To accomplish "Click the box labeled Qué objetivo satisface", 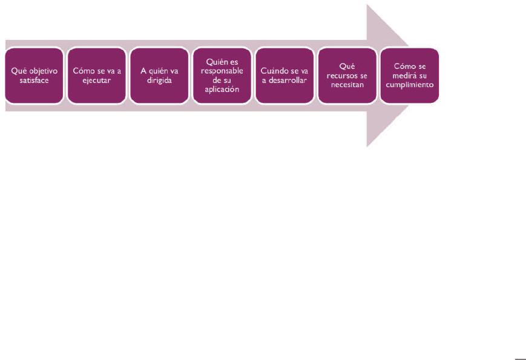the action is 35,76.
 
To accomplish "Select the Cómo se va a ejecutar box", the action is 97,76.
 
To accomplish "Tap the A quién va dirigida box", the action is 159,76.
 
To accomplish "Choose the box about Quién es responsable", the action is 222,76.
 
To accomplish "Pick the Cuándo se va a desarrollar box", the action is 284,76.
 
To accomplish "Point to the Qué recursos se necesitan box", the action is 347,76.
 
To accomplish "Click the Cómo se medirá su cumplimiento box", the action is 410,76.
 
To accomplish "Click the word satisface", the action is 35,80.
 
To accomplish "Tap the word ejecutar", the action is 97,81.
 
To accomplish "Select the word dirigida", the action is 159,81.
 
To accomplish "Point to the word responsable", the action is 222,71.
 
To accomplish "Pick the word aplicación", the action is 222,90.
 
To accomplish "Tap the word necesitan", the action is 347,85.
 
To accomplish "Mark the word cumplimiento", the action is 410,85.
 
